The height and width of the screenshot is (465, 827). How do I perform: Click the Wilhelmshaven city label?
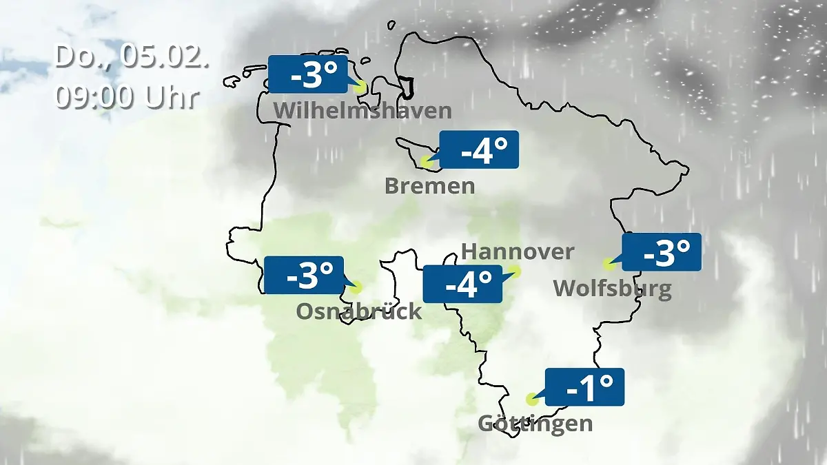tap(363, 110)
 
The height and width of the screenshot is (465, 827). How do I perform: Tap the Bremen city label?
tap(429, 186)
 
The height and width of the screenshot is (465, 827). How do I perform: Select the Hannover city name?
tap(517, 251)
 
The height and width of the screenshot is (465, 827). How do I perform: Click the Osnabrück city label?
tap(358, 311)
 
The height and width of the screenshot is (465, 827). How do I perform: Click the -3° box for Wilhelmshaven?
tap(307, 74)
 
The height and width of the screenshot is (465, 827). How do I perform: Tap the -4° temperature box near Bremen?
tap(479, 149)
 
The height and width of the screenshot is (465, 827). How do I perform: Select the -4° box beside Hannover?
tap(462, 284)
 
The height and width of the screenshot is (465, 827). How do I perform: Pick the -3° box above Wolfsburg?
tap(662, 252)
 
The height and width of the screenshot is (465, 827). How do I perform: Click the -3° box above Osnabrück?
tap(303, 276)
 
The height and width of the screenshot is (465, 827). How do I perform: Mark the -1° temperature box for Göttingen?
tap(584, 387)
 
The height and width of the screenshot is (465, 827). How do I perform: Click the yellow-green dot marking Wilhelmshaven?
tap(359, 87)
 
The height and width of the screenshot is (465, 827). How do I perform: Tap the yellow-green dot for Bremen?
tap(427, 163)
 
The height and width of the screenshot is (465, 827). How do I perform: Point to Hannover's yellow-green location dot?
tap(515, 271)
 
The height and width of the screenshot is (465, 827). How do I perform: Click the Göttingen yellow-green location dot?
tap(531, 399)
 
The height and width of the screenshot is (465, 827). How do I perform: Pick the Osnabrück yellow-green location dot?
tap(355, 287)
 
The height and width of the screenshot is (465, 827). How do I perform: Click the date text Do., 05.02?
tap(131, 56)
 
